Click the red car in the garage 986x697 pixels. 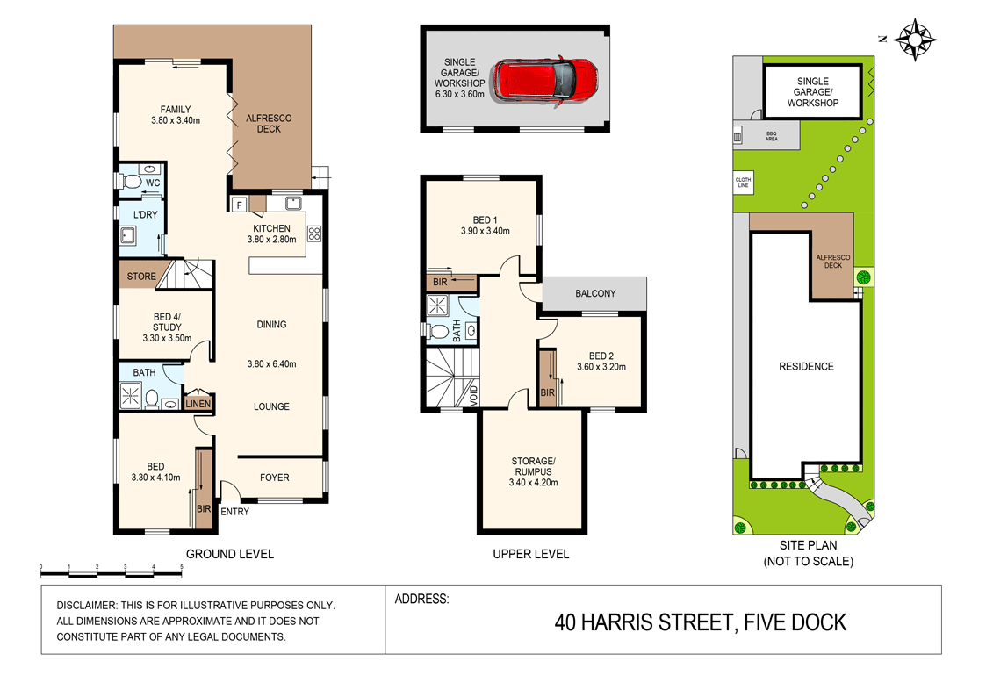[x=545, y=82]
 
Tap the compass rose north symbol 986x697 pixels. [x=915, y=40]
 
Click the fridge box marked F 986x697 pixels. [x=239, y=205]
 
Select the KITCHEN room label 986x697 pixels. [x=271, y=228]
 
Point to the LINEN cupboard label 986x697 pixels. [x=198, y=404]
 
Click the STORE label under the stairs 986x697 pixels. [x=141, y=276]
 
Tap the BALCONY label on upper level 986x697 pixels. [x=595, y=293]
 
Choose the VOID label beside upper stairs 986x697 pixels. [x=473, y=395]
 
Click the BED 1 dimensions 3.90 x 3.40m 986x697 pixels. [x=486, y=231]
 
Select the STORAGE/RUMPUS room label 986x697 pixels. [x=533, y=466]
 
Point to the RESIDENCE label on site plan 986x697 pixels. [x=806, y=366]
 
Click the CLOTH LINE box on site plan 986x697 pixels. [x=744, y=183]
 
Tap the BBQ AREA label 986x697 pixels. [x=772, y=136]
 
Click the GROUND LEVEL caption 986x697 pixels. [x=229, y=554]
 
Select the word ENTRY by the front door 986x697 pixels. [x=234, y=512]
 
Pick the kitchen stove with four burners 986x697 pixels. [x=314, y=234]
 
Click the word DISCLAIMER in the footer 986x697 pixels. [x=85, y=605]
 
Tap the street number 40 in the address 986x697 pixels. [x=565, y=622]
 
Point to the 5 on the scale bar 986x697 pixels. [x=182, y=567]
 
